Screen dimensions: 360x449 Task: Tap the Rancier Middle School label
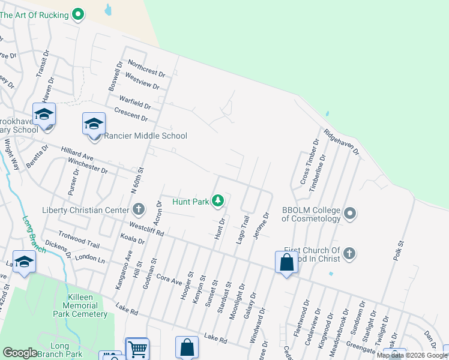(146, 136)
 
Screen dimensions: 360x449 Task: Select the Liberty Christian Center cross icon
(139, 210)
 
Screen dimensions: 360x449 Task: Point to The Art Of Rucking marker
(77, 13)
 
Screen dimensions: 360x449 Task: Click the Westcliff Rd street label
(147, 229)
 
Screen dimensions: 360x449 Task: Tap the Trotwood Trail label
(79, 240)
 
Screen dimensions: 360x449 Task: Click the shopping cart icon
(137, 349)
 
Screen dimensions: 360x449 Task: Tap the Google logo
(20, 353)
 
